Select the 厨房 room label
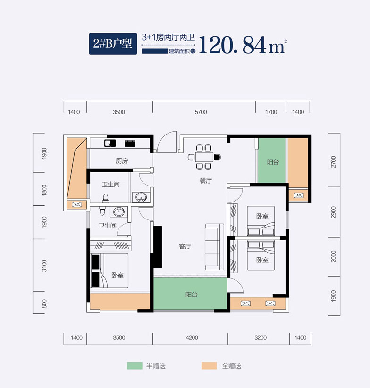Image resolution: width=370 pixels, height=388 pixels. [122, 161]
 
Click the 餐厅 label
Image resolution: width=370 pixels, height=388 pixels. [205, 180]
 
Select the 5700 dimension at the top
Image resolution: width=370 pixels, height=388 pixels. [201, 112]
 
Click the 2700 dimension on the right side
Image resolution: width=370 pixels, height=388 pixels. [334, 162]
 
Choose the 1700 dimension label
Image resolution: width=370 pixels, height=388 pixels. [271, 112]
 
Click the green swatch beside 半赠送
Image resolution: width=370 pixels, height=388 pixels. [135, 366]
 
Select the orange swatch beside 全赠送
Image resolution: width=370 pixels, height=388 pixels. [209, 366]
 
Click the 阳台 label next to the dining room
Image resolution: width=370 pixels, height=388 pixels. [273, 162]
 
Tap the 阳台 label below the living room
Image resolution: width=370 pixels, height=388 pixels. [191, 295]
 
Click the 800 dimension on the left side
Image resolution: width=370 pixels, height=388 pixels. [44, 304]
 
